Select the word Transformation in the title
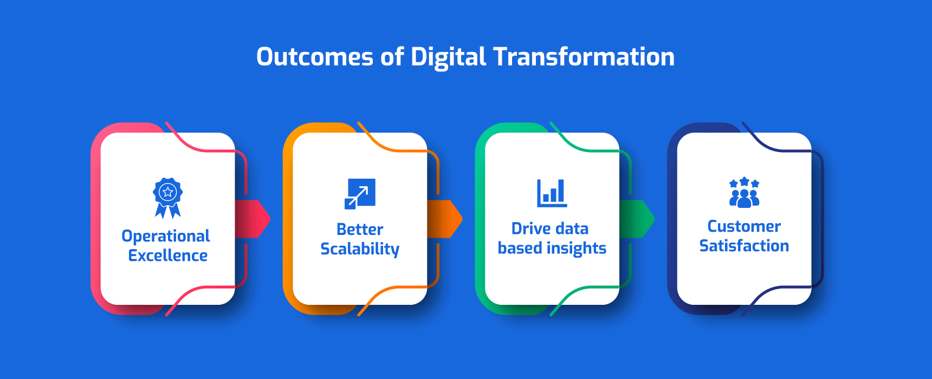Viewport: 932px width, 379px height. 584,57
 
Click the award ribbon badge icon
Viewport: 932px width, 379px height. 168,198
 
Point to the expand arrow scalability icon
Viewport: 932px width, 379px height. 360,194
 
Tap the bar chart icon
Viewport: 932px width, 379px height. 552,193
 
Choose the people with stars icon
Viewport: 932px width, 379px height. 745,192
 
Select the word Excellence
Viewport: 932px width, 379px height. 168,256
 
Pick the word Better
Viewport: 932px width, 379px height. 360,230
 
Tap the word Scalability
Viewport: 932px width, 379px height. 360,250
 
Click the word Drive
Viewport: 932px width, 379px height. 530,228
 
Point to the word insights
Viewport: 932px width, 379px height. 577,249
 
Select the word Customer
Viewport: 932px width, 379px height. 745,226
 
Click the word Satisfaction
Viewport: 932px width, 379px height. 745,246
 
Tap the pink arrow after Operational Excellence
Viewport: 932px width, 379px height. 253,219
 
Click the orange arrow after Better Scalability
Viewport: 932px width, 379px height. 445,219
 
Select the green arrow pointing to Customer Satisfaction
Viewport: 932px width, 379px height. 637,219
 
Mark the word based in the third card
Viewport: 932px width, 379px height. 520,248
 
